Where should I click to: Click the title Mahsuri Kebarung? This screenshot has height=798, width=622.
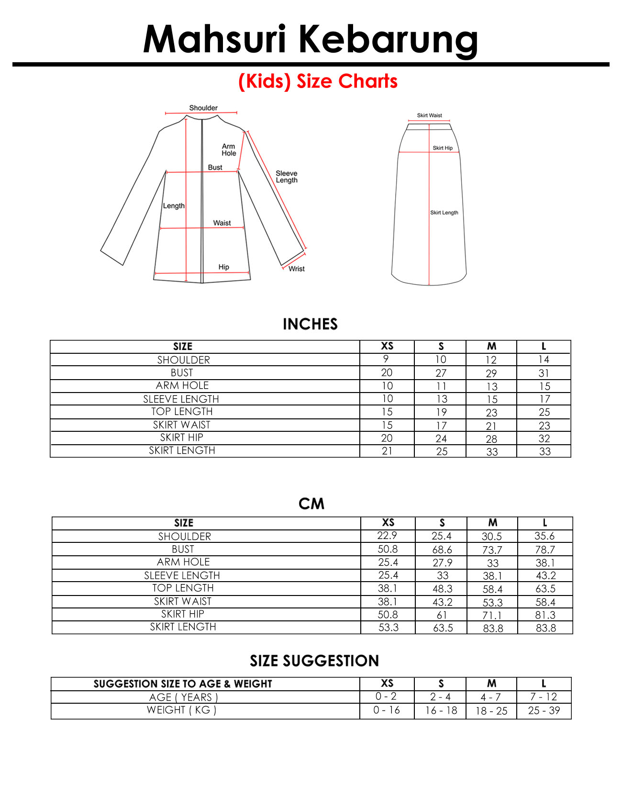311,39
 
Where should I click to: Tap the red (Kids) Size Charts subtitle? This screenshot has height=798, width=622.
318,81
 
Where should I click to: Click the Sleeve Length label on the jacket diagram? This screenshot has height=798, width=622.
286,177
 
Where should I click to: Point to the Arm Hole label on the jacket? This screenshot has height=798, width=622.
229,150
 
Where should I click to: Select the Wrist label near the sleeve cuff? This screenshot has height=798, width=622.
296,269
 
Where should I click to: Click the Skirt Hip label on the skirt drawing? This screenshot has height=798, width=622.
443,148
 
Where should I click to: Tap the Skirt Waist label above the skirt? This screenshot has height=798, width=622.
429,115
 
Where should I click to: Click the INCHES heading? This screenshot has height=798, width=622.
310,324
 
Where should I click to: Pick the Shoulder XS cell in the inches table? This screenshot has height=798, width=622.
387,359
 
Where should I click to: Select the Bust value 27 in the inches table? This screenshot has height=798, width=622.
441,373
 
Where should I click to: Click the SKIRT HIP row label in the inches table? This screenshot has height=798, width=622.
182,438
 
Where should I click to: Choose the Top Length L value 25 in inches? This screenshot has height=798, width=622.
544,412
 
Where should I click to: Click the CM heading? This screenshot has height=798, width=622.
311,504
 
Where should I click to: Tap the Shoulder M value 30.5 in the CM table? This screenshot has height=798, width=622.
492,537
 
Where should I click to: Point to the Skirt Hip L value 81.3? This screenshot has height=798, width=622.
545,615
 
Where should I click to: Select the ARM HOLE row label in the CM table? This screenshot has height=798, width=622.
183,562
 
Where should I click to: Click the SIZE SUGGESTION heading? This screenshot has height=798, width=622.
314,661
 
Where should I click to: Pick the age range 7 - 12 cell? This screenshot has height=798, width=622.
544,697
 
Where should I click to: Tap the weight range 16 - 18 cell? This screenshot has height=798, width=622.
441,710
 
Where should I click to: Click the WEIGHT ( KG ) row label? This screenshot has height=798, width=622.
182,710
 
